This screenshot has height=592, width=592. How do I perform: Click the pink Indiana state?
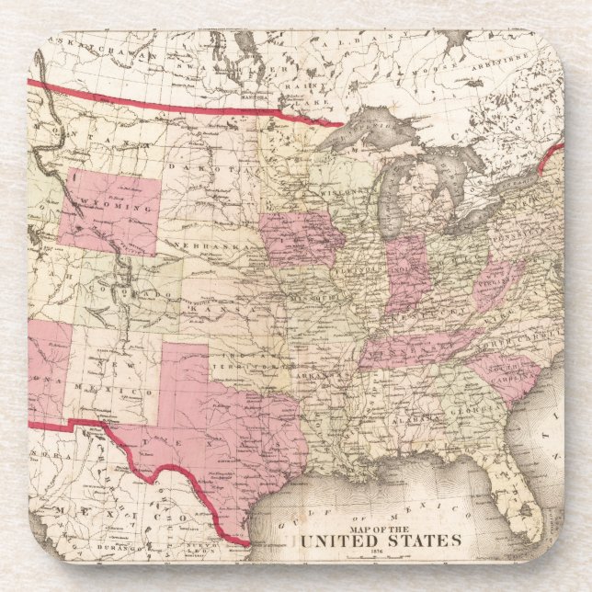pos(405,273)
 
